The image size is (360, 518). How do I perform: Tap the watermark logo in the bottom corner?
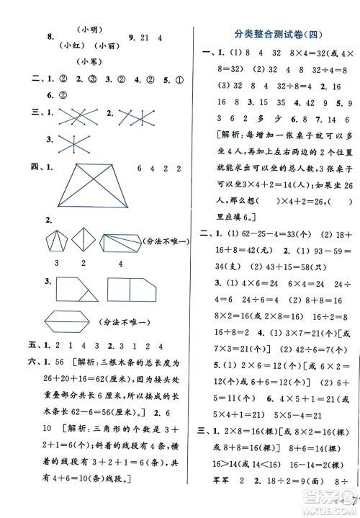pyautogui.click(x=337, y=506)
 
